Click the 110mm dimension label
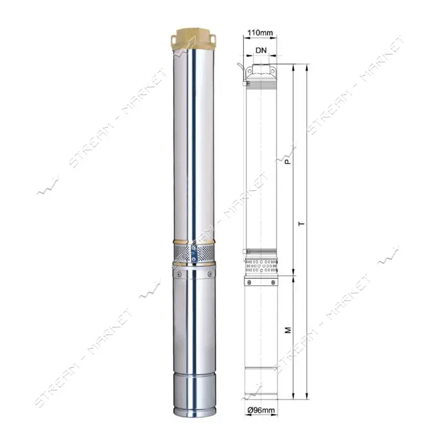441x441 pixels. point(260,33)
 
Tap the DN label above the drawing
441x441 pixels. point(261,50)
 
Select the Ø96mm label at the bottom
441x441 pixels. point(261,410)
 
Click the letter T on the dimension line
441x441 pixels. point(302,224)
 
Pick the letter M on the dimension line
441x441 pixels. point(288,330)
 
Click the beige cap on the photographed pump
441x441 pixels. point(194,39)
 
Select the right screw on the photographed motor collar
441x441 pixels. point(210,274)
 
